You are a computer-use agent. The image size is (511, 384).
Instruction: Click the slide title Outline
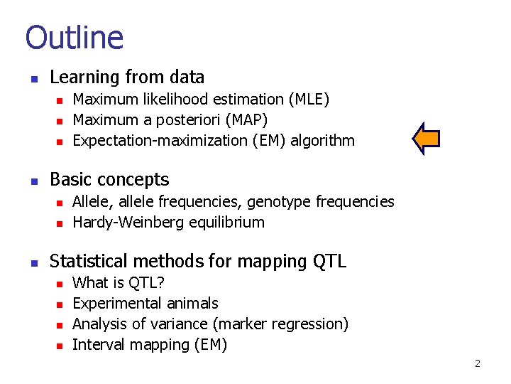tap(75, 37)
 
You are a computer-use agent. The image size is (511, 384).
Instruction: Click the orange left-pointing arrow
tap(427, 139)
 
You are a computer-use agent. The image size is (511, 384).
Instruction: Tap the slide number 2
tap(477, 363)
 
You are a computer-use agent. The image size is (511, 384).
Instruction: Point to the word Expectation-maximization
tap(160, 141)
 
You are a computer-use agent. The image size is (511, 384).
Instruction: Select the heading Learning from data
tap(127, 78)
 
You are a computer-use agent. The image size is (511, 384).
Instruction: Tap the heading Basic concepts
tap(109, 180)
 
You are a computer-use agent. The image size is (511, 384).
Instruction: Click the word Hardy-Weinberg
tap(129, 223)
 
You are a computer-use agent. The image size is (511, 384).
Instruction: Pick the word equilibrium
tap(227, 223)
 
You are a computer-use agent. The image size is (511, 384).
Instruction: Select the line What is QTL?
tap(119, 283)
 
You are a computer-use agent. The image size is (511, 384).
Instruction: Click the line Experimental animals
tap(145, 304)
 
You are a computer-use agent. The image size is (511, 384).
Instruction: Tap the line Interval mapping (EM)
tap(150, 345)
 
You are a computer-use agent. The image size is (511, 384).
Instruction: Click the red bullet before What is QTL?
tap(60, 284)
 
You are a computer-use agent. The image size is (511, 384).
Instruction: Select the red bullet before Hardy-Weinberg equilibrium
tap(60, 223)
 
